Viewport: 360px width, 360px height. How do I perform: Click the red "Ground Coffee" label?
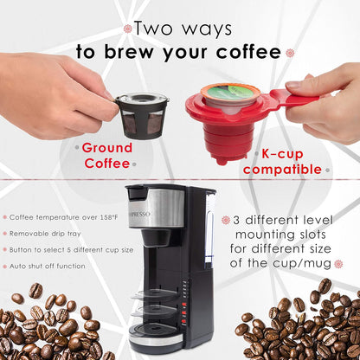coord(107,155)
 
